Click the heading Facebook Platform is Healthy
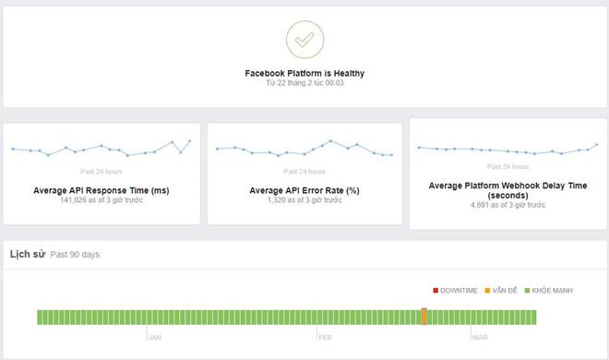point(304,72)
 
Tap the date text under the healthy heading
point(304,83)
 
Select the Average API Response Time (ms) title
point(101,190)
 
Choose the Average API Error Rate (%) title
point(304,190)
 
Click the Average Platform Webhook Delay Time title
point(507,190)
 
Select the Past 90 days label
point(75,253)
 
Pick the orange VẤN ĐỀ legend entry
point(504,291)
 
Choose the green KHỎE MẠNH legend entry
point(550,291)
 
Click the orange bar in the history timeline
point(424,317)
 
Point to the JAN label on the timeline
point(155,338)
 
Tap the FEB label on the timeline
point(326,338)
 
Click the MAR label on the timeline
point(480,338)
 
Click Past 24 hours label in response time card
point(101,171)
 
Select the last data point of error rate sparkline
point(392,155)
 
